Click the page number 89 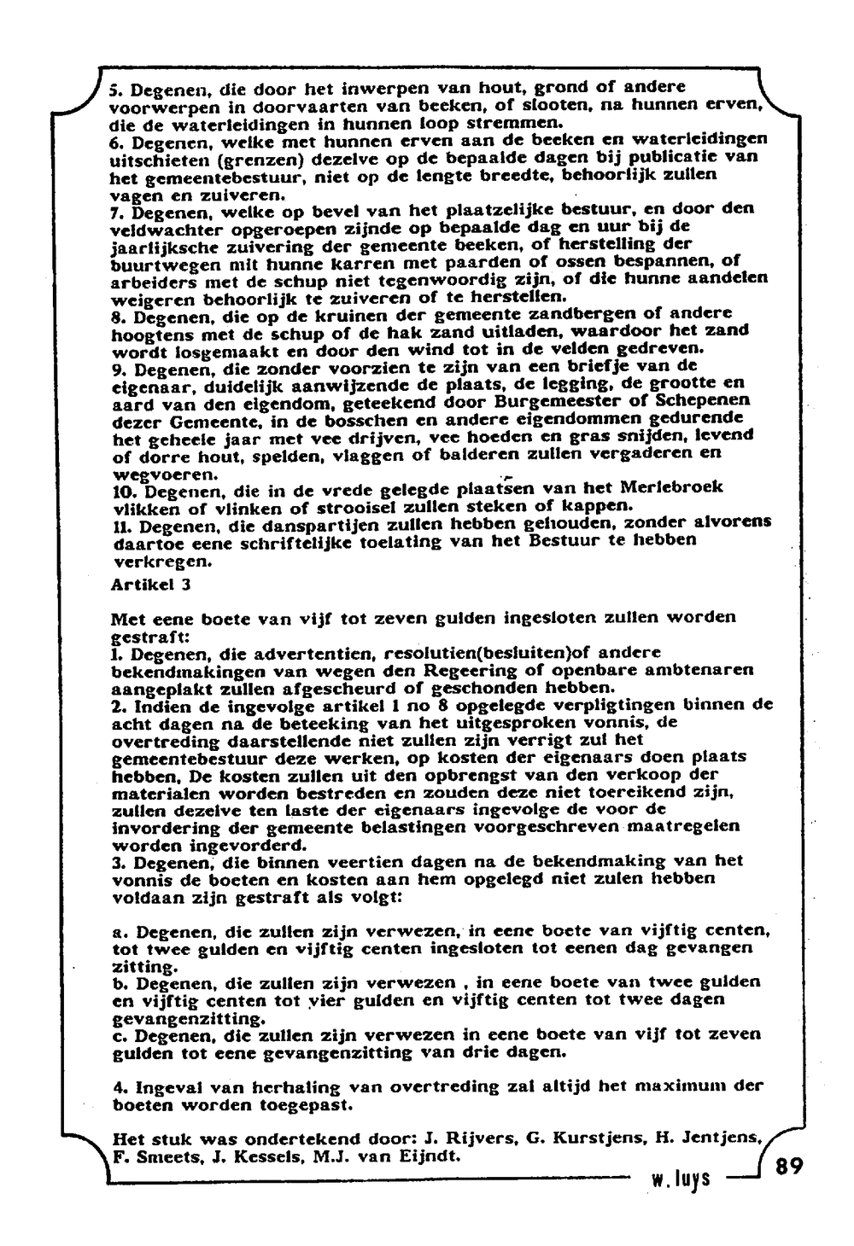coord(789,1167)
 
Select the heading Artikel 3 coord(151,585)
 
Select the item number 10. coord(123,492)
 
